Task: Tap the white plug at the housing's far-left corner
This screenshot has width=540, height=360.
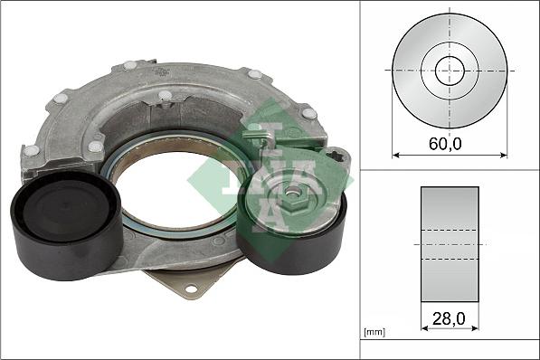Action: point(31,151)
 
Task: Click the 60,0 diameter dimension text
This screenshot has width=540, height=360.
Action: point(450,144)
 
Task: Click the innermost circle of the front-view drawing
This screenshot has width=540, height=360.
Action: point(450,71)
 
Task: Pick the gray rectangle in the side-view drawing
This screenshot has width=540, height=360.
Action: point(450,244)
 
